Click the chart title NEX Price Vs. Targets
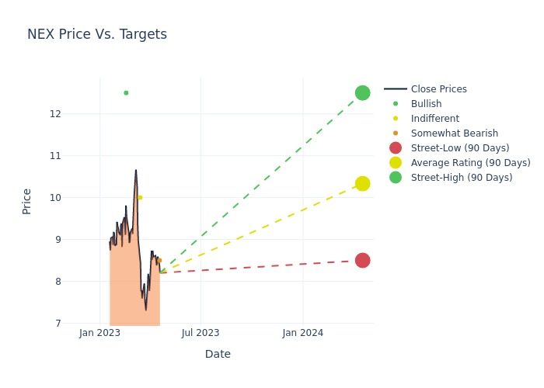97,34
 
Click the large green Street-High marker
362,92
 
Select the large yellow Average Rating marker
362,183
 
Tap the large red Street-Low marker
362,260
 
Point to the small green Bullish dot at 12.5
126,92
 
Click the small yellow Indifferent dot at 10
140,197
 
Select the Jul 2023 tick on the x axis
201,333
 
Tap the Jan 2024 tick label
302,333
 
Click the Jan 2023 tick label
99,333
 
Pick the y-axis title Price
27,201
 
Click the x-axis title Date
218,354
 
